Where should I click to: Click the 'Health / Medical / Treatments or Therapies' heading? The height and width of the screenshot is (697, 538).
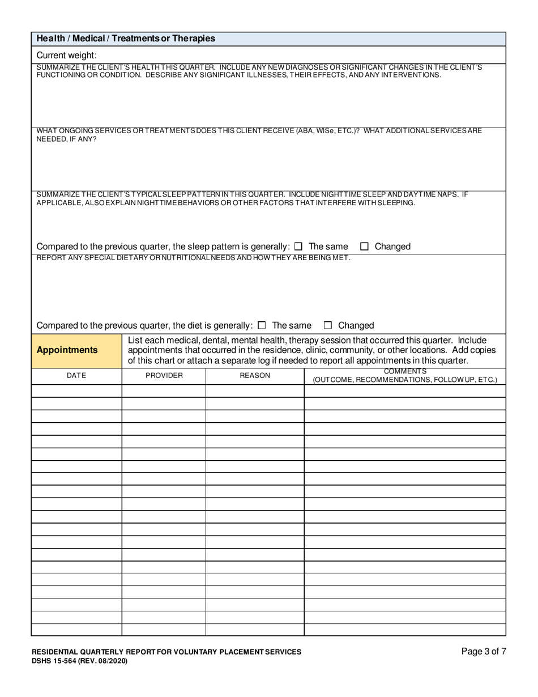(x=126, y=39)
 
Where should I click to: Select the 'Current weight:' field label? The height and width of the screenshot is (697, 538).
(x=67, y=55)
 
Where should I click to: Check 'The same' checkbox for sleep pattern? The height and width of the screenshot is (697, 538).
(x=298, y=246)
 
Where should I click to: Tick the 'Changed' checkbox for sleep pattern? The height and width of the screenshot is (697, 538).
(x=365, y=246)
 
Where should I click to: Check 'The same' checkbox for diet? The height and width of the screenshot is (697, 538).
(x=262, y=325)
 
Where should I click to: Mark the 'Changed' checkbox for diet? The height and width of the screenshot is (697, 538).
(x=328, y=325)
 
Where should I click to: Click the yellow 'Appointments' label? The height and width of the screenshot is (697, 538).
(x=67, y=350)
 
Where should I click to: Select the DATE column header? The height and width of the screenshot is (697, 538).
(x=76, y=376)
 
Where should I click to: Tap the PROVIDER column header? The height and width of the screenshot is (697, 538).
(x=164, y=376)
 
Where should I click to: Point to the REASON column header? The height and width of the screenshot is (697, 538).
(x=255, y=376)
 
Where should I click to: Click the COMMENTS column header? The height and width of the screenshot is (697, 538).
(x=405, y=372)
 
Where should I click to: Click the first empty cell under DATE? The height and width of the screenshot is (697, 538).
(x=76, y=390)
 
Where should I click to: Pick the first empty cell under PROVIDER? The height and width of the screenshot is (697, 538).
(x=164, y=390)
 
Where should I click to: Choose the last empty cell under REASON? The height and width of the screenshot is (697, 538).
(x=255, y=630)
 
